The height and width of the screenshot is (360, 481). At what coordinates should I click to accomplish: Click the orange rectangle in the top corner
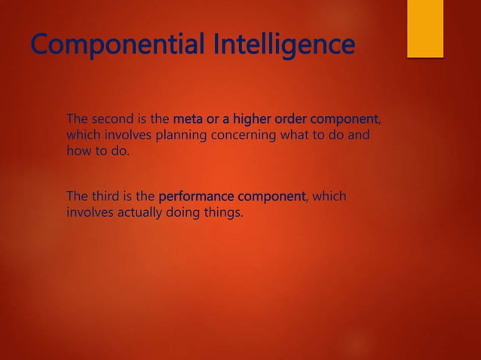click(x=425, y=28)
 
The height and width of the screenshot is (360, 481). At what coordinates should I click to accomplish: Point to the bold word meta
click(x=188, y=119)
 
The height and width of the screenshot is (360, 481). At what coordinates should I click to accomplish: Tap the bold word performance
click(x=195, y=197)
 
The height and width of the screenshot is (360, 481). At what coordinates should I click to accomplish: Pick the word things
click(x=223, y=213)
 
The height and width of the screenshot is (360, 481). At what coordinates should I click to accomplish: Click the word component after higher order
click(x=345, y=119)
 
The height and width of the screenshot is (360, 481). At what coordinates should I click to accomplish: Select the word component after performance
click(x=268, y=197)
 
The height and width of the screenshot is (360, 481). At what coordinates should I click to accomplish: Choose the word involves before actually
click(x=89, y=213)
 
